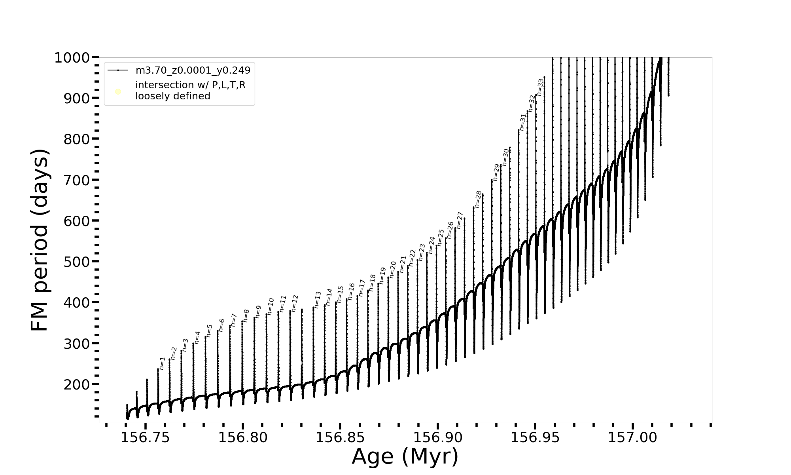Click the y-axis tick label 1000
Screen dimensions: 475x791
coord(74,58)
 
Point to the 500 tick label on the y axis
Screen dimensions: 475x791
coord(77,262)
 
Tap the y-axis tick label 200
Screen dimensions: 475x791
coord(77,384)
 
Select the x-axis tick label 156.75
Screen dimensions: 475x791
coord(145,437)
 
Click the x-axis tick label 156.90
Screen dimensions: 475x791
coord(437,437)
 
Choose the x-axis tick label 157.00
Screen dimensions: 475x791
coord(632,437)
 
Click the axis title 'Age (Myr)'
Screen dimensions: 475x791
coord(405,456)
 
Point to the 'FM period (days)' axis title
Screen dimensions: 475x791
coord(40,240)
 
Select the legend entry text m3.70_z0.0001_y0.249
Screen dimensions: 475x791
coord(193,70)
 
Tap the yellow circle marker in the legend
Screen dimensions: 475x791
coord(118,92)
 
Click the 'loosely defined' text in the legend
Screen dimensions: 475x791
coord(173,96)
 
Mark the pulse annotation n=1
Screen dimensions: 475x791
coord(162,363)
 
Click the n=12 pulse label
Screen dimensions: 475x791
coord(295,303)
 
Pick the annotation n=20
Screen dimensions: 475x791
coord(393,269)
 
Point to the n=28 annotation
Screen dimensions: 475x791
coord(479,199)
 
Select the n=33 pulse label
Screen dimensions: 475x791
coord(541,87)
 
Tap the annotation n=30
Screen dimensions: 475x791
coord(505,157)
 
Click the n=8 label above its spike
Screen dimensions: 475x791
coord(246,315)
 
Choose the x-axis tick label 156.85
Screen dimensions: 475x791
coord(340,437)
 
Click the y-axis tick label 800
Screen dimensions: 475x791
coord(77,139)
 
